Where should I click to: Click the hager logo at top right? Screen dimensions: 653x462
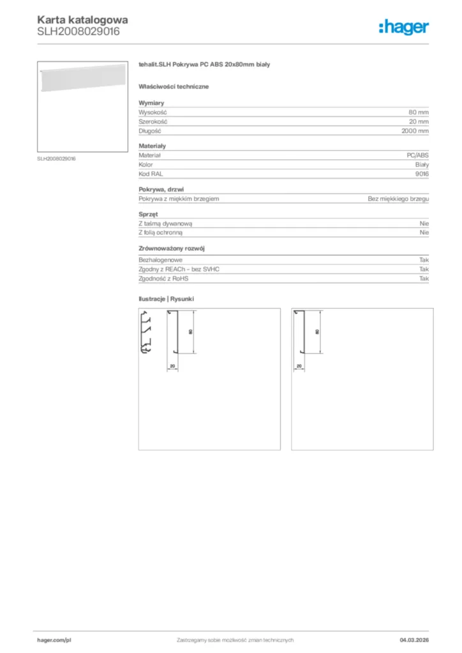403,27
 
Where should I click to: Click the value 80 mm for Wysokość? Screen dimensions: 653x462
419,112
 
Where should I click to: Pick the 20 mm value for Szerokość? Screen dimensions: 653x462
419,121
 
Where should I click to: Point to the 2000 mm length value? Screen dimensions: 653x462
415,130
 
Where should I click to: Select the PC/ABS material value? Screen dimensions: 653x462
417,155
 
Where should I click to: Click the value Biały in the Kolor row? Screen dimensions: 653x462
421,164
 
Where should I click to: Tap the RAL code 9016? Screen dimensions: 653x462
422,173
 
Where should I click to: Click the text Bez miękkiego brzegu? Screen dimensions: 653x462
398,199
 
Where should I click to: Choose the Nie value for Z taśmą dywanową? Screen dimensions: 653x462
424,224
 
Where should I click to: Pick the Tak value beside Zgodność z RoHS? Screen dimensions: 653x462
424,279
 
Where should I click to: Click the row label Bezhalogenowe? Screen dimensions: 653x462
161,260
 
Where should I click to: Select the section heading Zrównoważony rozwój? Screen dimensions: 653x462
172,249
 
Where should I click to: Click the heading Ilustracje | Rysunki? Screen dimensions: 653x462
166,298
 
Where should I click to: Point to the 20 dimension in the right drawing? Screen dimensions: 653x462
299,366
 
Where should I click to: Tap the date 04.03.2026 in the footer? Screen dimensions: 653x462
414,640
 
